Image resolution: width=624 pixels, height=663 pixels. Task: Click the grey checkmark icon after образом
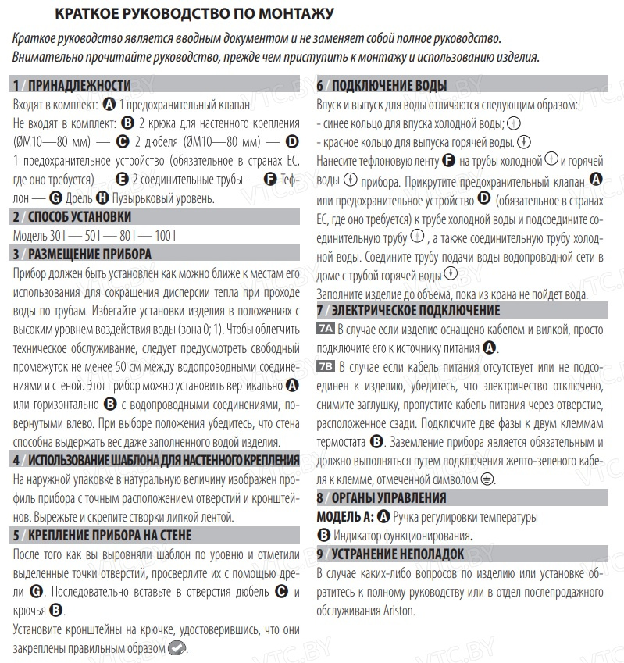tap(177, 647)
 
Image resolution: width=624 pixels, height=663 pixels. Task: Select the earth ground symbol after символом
tap(487, 479)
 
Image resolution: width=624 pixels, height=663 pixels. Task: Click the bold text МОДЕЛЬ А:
tap(344, 516)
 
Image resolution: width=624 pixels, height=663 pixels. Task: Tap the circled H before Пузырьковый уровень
tap(102, 198)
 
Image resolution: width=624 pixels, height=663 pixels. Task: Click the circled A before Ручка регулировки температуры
tap(383, 516)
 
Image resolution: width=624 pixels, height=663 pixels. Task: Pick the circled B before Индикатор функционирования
tap(324, 535)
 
